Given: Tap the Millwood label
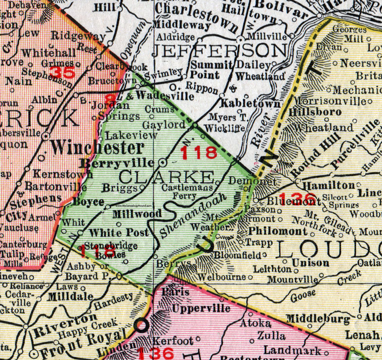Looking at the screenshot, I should point(130,214).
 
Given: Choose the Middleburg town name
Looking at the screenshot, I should point(317,319).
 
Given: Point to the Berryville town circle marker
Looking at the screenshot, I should point(163,162).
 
